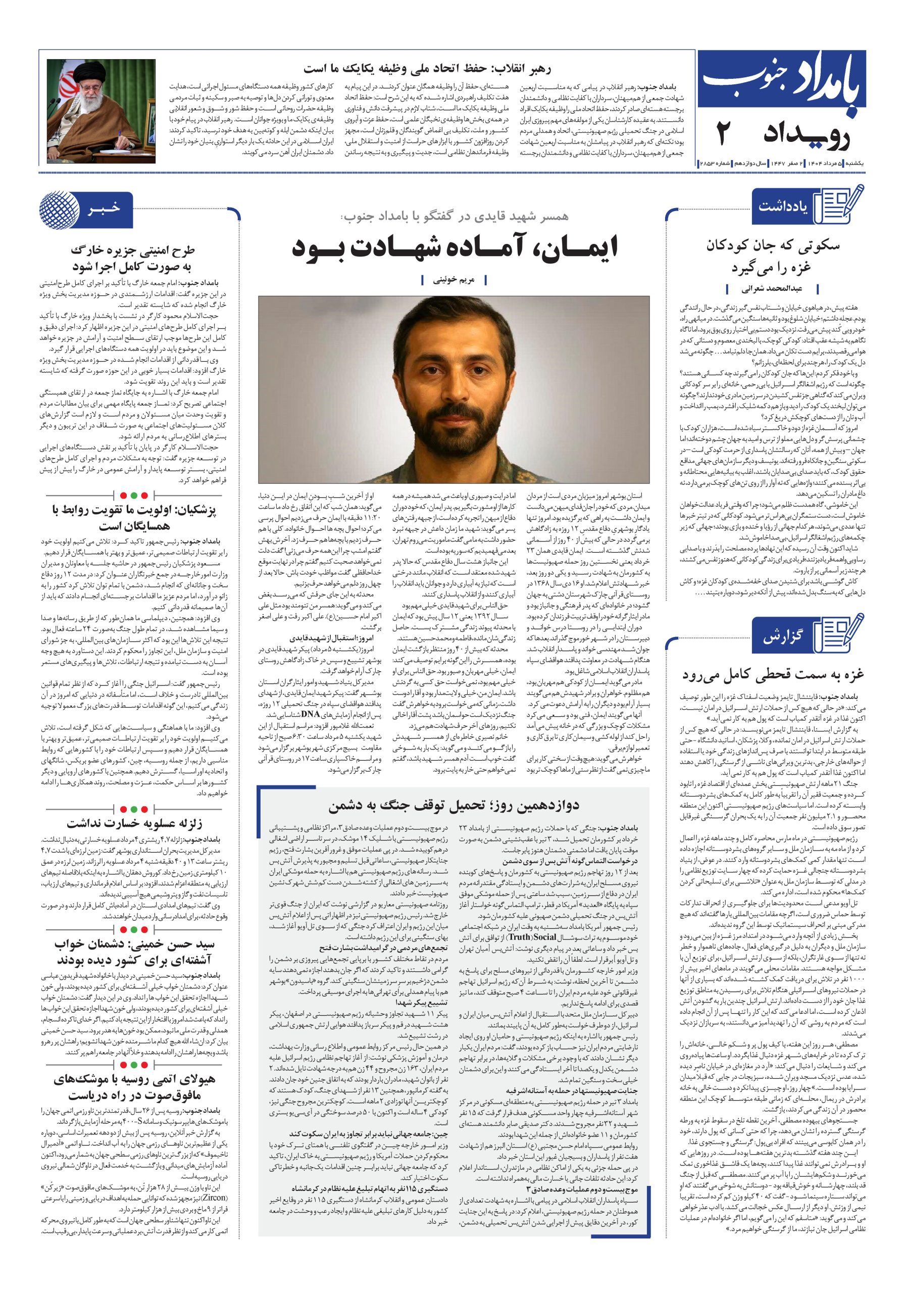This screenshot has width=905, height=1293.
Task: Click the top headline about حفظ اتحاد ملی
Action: point(428,69)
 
